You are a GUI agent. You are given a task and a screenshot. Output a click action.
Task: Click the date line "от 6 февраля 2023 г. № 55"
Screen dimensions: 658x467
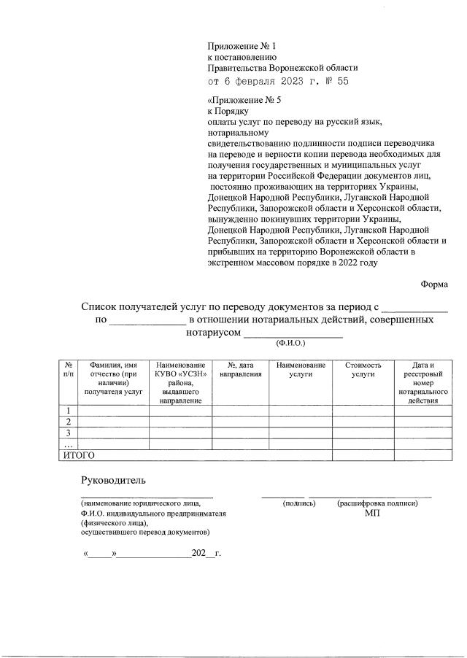click(278, 81)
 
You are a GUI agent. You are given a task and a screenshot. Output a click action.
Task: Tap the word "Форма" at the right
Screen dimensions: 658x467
click(434, 285)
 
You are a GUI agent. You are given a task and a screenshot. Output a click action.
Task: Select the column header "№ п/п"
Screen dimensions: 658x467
click(67, 369)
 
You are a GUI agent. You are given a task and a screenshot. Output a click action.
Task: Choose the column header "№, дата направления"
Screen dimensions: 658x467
click(240, 369)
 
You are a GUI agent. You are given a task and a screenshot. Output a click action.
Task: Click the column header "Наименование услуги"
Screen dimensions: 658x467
click(301, 369)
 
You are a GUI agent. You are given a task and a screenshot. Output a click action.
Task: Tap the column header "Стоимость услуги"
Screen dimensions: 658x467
click(363, 369)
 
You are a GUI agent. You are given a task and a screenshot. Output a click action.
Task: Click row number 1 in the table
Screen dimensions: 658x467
click(67, 411)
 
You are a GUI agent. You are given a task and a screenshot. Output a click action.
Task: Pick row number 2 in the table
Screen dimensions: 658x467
click(67, 422)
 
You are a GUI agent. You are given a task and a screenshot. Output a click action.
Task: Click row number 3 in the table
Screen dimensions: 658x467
click(67, 433)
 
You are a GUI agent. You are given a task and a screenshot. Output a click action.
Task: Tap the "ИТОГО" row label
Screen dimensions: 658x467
click(77, 455)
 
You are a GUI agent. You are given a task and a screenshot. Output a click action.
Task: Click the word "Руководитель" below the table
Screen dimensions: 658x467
click(113, 480)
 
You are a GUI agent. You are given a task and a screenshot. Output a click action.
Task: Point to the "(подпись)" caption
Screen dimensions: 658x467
click(298, 503)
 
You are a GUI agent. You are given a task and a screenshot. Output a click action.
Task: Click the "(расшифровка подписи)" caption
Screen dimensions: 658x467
click(377, 503)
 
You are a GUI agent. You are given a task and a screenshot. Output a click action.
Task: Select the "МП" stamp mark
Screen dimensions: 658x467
click(372, 513)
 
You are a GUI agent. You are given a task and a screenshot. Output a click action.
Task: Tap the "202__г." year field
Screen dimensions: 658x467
click(206, 553)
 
